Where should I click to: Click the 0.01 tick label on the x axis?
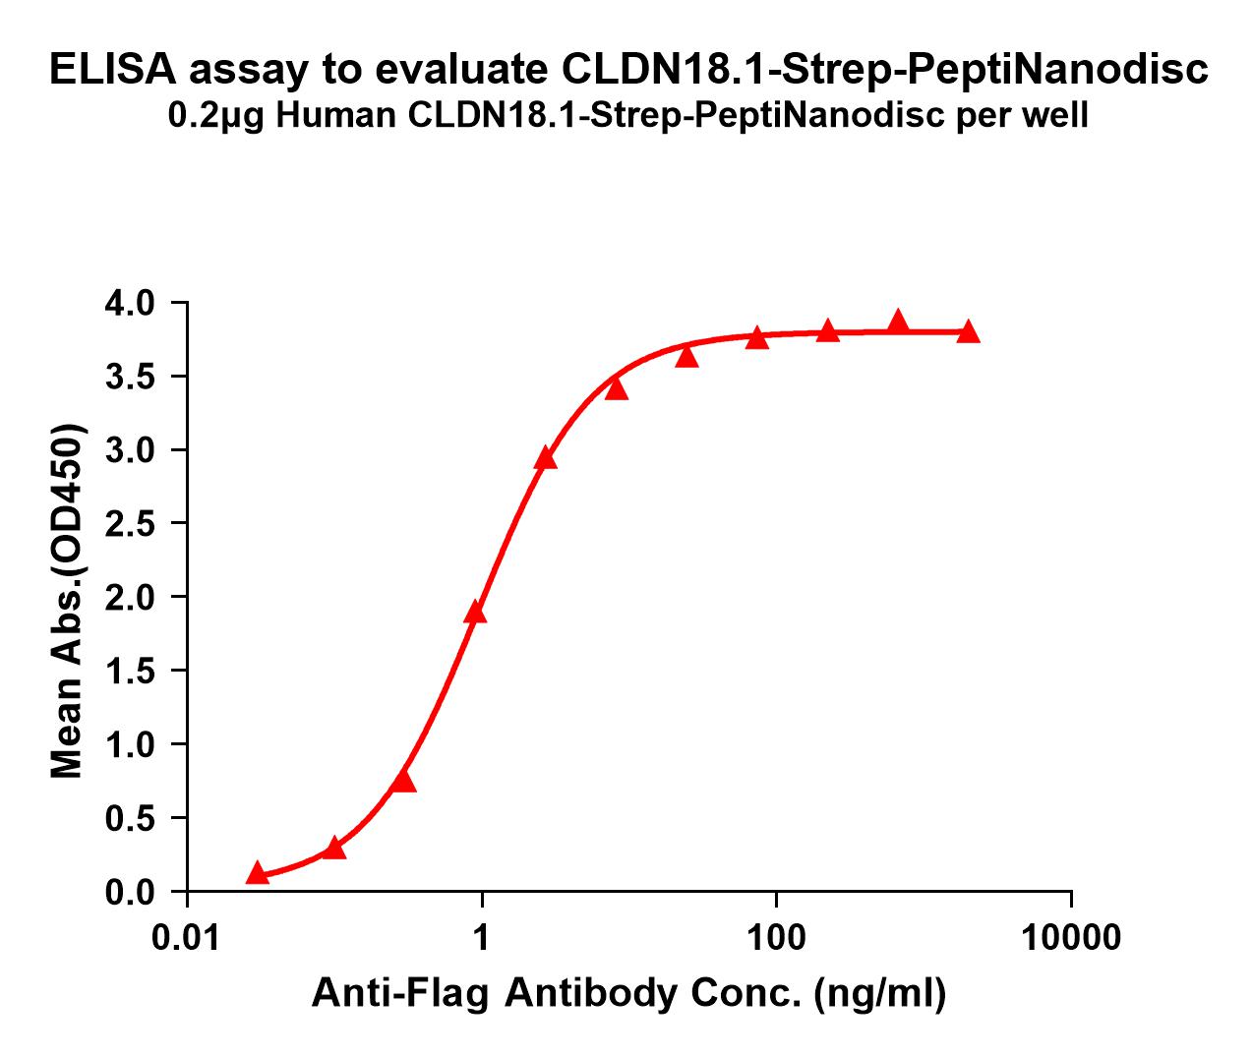point(187,937)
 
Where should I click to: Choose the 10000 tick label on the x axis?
point(1070,937)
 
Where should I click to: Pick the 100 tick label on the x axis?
point(776,937)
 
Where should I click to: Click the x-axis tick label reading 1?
point(482,937)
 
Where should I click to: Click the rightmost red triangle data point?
point(968,331)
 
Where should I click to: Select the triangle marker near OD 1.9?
point(475,613)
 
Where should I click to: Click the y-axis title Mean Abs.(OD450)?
point(67,602)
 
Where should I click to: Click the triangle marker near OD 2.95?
point(546,458)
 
